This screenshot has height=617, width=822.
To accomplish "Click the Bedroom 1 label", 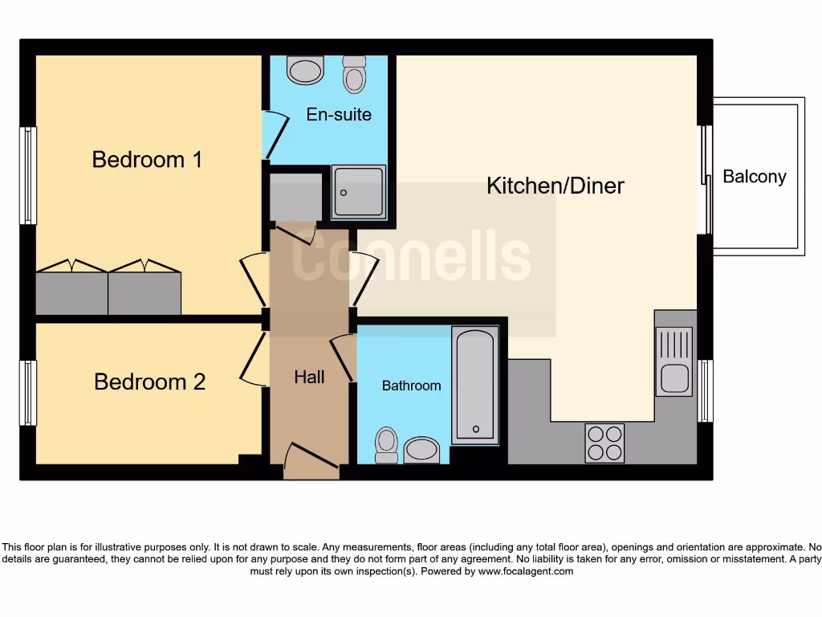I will pos(147,159).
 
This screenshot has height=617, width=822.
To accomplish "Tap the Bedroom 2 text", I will pos(149,382).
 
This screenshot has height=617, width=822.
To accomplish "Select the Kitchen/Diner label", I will pos(555,186).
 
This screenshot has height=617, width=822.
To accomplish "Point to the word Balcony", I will pos(754,177).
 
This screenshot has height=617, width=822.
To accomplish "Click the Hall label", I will pos(309,377).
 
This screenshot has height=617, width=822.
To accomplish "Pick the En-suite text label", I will pos(339,115).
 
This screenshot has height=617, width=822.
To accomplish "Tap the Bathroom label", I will pos(411,386).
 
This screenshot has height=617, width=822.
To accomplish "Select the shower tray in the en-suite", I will pos(359,192).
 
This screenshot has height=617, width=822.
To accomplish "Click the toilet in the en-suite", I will pos(353,74).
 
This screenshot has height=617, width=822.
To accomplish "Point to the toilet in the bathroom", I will pos(387,443).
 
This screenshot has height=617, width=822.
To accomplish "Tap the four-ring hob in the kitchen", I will pos(604,443).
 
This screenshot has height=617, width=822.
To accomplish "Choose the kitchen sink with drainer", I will pos(673,362).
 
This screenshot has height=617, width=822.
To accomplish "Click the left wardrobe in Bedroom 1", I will pos(71,292).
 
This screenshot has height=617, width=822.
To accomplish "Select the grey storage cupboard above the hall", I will pos(296,195).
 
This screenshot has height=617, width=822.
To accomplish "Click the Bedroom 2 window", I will pos(29,393).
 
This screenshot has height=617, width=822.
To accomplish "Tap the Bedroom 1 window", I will pos(29,175).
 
